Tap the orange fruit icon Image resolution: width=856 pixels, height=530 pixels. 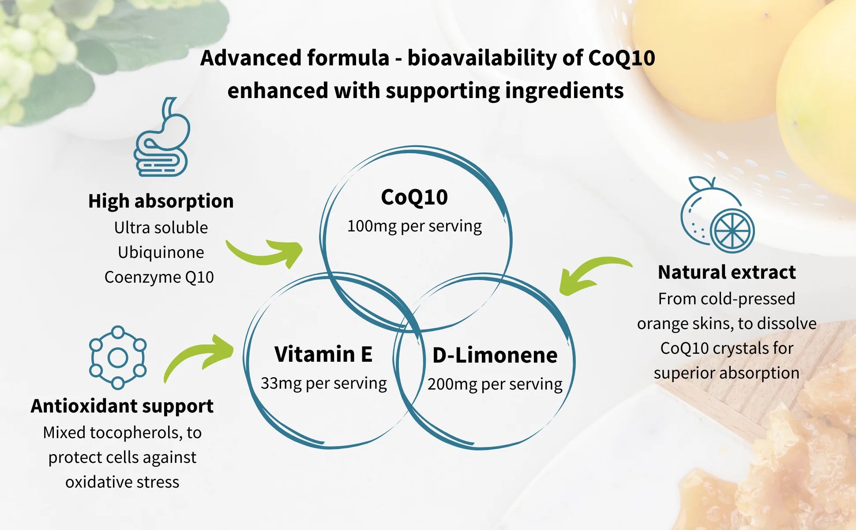point(717,215)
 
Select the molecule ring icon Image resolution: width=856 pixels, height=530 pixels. point(118,357)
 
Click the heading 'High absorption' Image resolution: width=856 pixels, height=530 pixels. point(161,201)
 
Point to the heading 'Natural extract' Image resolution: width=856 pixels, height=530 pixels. point(727,272)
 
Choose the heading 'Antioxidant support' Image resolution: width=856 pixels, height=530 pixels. point(122,406)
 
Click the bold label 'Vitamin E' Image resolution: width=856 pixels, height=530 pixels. point(323,354)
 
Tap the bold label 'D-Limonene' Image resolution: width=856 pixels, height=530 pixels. point(495,355)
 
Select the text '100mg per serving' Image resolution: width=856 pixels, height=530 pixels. point(414,226)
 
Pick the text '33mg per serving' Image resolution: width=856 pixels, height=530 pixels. point(323,383)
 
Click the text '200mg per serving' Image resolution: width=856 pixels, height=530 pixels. point(495,384)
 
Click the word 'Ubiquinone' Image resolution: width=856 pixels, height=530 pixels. point(161,252)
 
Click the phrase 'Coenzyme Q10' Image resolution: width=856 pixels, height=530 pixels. point(159,277)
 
